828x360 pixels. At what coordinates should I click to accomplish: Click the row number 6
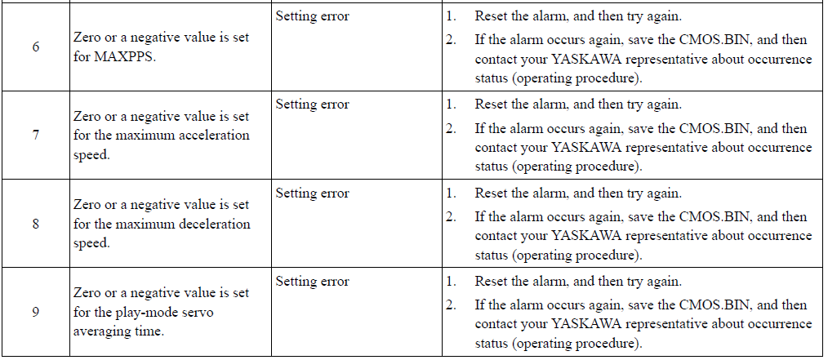click(x=35, y=47)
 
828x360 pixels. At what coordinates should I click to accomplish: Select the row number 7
click(x=35, y=136)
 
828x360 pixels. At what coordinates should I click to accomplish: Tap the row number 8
click(x=35, y=224)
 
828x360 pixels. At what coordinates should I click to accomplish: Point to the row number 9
click(x=35, y=312)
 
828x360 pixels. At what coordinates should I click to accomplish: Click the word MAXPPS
click(x=125, y=57)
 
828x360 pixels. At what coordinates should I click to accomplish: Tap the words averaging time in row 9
click(x=119, y=332)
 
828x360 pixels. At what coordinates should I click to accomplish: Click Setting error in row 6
click(x=312, y=16)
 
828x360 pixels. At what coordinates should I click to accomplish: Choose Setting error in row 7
click(x=312, y=104)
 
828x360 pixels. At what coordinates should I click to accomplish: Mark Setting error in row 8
click(x=312, y=193)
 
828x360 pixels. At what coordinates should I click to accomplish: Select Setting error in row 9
click(x=312, y=282)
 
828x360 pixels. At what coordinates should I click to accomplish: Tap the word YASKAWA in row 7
click(x=588, y=147)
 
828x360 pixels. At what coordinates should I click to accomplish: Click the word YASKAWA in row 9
click(x=588, y=324)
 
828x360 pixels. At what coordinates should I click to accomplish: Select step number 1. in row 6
click(x=451, y=16)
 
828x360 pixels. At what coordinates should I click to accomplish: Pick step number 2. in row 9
click(x=451, y=304)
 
